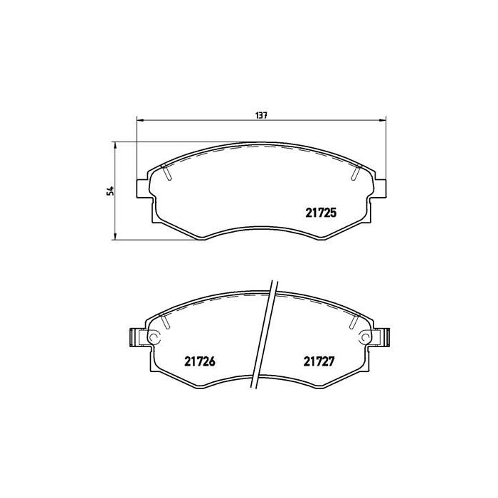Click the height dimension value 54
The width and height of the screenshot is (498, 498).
[110, 191]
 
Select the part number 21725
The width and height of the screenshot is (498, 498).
[321, 211]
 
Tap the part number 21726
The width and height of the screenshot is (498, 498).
[200, 361]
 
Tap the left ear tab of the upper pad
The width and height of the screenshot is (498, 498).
[141, 188]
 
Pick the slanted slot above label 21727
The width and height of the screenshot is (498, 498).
[354, 321]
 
